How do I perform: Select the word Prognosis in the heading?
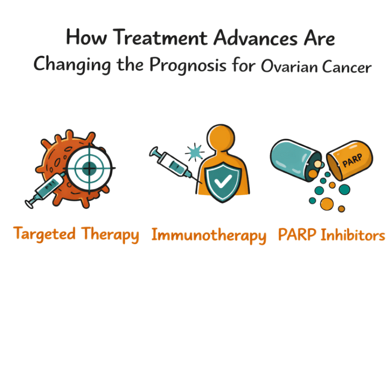pos(188,66)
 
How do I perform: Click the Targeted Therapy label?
pos(76,234)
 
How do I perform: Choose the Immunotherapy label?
pos(209,235)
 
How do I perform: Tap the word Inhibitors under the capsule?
pos(353,235)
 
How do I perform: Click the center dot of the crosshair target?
pos(89,168)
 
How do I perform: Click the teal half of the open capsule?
pos(293,156)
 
